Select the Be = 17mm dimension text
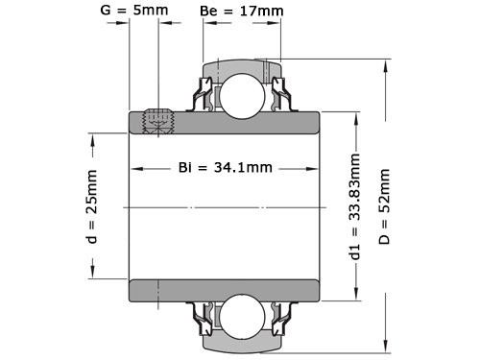point(242,12)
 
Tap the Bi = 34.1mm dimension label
point(227,167)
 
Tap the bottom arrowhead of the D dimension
point(385,345)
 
